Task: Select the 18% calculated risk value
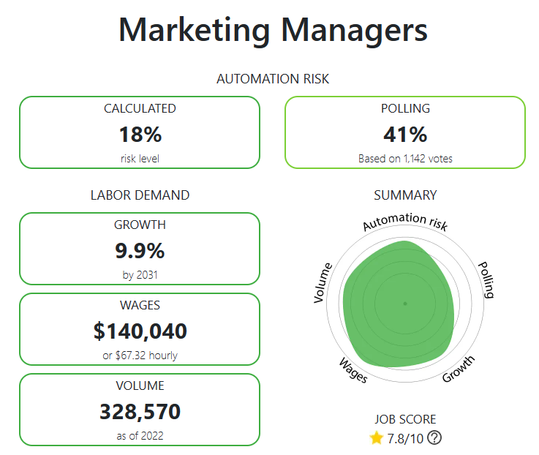point(140,135)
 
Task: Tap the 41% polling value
point(404,135)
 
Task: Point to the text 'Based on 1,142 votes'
point(404,158)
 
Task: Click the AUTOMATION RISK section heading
point(273,78)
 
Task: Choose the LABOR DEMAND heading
point(140,195)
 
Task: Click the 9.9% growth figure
point(140,251)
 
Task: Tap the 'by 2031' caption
point(140,275)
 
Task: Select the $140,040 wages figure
point(140,331)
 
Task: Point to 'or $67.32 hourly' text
point(140,356)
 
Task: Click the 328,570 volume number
point(140,412)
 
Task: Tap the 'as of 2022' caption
point(140,436)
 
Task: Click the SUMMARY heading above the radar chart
point(405,195)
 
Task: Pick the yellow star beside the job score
point(377,438)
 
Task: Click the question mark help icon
point(434,438)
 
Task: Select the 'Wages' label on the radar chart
point(353,370)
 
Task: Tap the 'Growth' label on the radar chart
point(459,369)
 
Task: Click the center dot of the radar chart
point(405,303)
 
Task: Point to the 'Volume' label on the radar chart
point(322,282)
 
